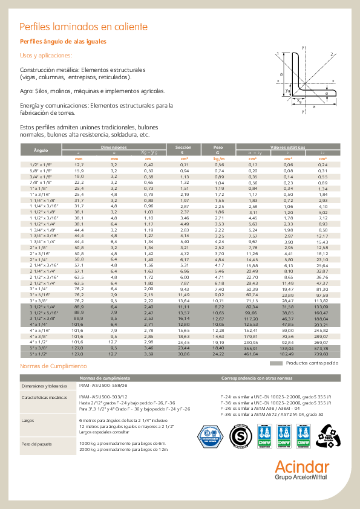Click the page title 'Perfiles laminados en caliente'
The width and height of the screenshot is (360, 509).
83,27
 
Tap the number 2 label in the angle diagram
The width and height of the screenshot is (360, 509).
332,54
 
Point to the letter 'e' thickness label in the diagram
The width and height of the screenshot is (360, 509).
327,94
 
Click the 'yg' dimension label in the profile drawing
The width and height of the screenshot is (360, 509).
287,90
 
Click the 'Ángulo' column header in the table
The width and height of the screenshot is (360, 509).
41,150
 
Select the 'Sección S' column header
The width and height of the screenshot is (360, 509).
183,150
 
